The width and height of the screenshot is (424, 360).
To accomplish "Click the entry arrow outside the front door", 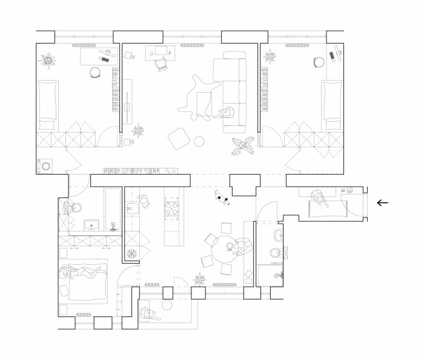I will [x=382, y=203].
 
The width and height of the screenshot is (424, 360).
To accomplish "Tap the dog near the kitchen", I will [x=221, y=198].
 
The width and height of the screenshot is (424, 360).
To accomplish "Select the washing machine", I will [x=46, y=165].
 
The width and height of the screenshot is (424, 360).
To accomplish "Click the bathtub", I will [x=113, y=209].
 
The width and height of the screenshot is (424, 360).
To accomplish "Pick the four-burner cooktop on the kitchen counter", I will [x=172, y=208].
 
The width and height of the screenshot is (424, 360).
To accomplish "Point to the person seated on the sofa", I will [x=230, y=113].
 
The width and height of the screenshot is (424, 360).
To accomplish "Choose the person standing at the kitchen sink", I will [x=144, y=201].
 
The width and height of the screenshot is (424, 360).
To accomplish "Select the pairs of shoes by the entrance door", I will [x=348, y=189].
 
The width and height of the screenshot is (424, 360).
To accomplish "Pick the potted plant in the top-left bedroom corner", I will [x=47, y=60].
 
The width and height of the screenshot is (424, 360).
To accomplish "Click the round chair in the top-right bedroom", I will [x=319, y=61].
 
